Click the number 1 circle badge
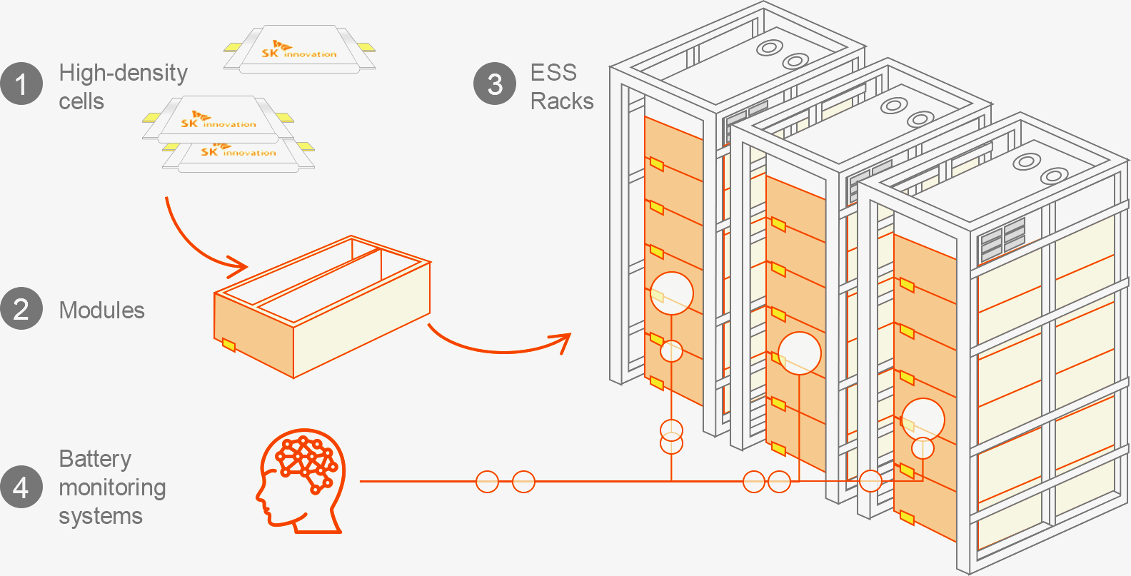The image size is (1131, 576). coord(21,84)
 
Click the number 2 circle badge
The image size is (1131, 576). coord(21,309)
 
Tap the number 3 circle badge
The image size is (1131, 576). coord(495,84)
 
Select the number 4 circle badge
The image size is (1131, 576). coord(21,487)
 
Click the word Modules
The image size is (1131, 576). coord(101,310)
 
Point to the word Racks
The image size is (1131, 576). coord(562,101)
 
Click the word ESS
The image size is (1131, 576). coord(553,73)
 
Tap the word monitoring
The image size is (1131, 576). coord(112,487)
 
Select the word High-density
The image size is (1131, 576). coord(123,73)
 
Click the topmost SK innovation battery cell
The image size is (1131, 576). coord(299,49)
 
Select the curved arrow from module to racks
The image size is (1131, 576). coord(500,343)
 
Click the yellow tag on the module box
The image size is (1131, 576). coord(228,345)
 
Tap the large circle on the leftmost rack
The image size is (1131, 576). coord(672,293)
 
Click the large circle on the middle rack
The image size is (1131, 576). coord(799,353)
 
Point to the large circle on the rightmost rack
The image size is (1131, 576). coord(923,420)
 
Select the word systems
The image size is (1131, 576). coord(101,516)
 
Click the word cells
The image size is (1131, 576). coord(81,101)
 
